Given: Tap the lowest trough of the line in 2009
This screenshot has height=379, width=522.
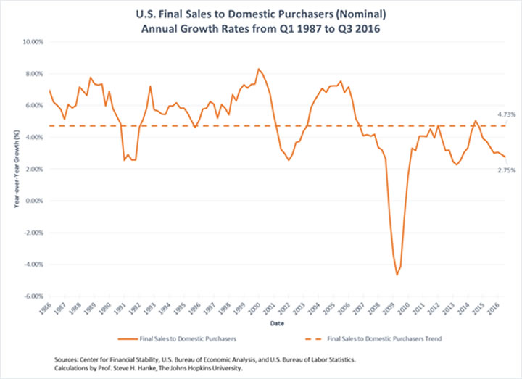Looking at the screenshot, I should tap(397, 275).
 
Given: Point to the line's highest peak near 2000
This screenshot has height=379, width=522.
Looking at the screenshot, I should tap(258, 69).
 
